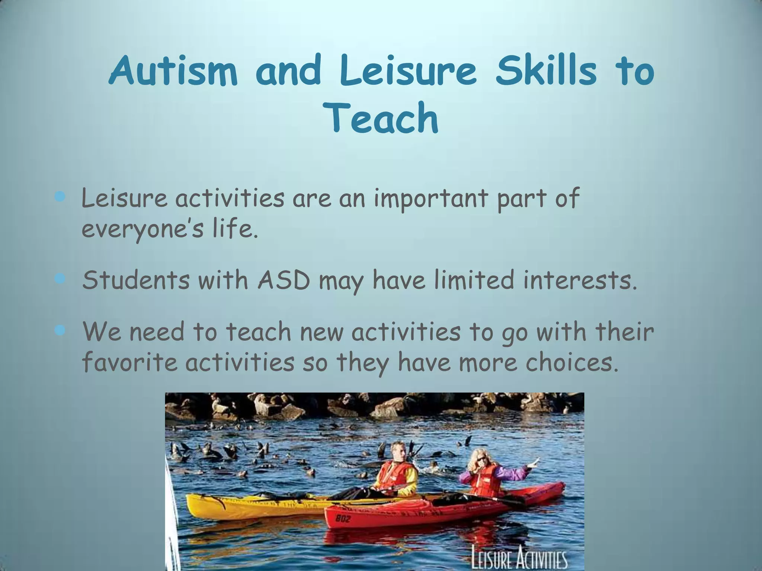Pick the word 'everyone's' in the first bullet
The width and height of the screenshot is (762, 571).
tap(143, 229)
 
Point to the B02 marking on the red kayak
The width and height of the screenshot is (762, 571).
tap(343, 518)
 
